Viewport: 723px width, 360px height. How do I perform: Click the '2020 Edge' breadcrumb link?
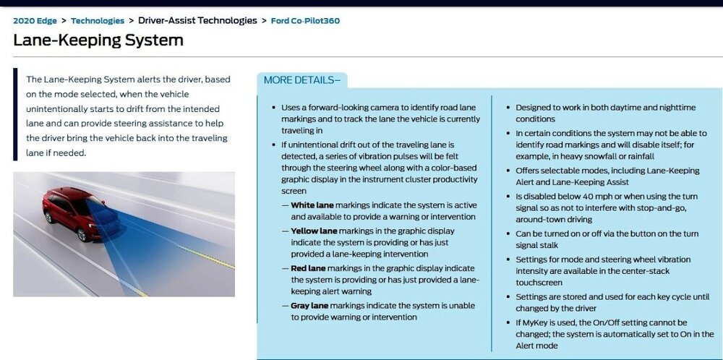pos(35,21)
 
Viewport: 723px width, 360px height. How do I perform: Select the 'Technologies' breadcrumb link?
pos(98,21)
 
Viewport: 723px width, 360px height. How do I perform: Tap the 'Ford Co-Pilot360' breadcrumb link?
pos(305,21)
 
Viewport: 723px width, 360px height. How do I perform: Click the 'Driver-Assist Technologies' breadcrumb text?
pos(197,20)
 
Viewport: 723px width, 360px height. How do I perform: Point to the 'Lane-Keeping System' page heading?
pos(98,40)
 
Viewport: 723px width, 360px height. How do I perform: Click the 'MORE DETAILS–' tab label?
pos(302,80)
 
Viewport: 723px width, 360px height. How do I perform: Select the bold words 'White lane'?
pos(312,205)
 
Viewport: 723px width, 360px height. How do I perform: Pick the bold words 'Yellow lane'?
pos(314,231)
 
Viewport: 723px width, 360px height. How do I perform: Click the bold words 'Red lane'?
pos(308,268)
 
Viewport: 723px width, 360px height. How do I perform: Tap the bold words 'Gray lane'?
pos(309,306)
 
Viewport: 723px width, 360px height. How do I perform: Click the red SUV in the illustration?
pos(81,213)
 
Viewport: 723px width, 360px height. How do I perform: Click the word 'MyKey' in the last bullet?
pos(534,322)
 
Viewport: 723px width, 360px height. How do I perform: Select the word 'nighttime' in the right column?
pos(677,108)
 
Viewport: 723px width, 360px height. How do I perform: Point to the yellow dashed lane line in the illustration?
pos(205,257)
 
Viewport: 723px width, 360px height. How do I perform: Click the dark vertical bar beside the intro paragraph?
pos(15,114)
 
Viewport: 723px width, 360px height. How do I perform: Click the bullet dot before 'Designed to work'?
pos(508,108)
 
